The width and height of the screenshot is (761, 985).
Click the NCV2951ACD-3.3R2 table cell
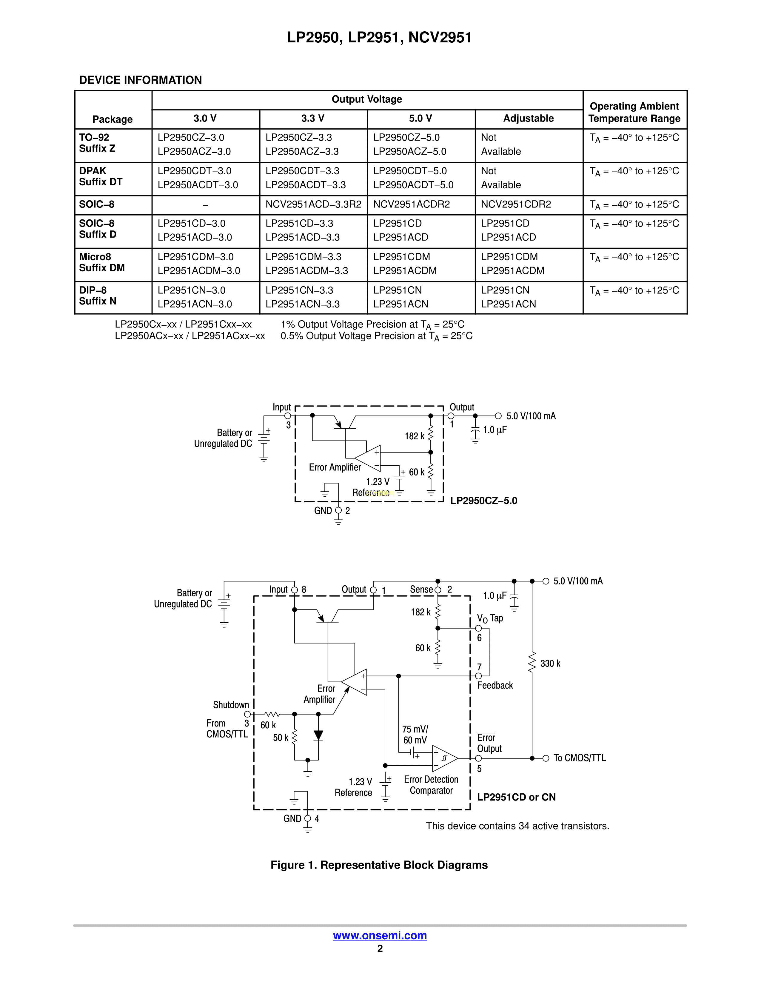[x=313, y=204]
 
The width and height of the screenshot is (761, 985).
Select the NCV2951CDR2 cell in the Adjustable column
[x=516, y=204]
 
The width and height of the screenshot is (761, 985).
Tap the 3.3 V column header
[x=313, y=118]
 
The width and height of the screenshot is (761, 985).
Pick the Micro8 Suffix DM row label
[x=102, y=262]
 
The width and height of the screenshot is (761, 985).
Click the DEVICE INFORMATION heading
[x=140, y=80]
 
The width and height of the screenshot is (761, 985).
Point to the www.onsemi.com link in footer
[x=380, y=935]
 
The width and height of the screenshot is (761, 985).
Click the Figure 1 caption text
[x=379, y=865]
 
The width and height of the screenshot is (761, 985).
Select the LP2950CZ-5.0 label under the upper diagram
[x=483, y=501]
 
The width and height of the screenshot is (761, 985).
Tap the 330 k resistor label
[x=550, y=664]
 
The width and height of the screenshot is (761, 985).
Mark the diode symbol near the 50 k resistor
[x=318, y=735]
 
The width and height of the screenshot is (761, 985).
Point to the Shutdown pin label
[x=231, y=705]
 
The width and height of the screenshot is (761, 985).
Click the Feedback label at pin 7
[x=495, y=686]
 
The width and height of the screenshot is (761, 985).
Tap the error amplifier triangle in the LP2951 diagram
[x=355, y=682]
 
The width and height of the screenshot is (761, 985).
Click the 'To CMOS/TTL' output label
[x=579, y=758]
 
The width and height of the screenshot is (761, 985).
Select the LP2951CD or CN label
[x=516, y=797]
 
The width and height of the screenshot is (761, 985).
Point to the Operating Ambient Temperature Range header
[x=634, y=112]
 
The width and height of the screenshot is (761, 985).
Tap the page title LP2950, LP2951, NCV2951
[x=380, y=37]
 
